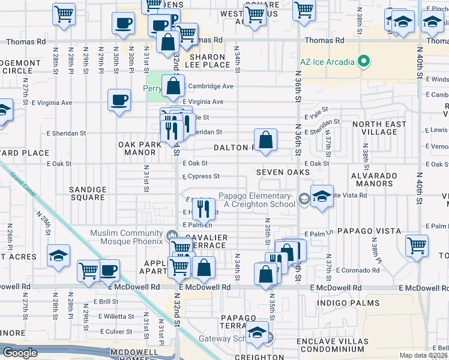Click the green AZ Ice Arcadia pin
[363, 61]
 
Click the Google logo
[20, 353]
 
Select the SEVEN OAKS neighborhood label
[283, 172]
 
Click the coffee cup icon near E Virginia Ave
[119, 100]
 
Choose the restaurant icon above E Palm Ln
[203, 209]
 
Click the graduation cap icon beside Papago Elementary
[322, 197]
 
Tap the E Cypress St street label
[201, 176]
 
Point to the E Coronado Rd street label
[358, 271]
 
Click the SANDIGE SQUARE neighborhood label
[88, 193]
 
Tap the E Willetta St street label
[114, 316]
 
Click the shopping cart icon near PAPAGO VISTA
[417, 244]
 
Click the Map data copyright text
[424, 355]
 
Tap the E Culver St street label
[116, 331]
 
